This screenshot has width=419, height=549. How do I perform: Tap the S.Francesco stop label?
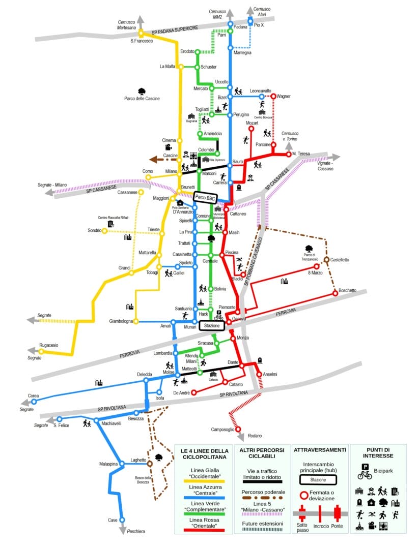click(142, 41)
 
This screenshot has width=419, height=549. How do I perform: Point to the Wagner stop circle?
click(273, 96)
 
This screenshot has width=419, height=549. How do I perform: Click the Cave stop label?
click(113, 520)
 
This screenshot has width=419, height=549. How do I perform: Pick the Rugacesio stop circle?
click(41, 351)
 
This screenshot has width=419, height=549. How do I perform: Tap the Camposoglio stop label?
click(222, 429)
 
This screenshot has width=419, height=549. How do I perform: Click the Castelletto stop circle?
click(326, 259)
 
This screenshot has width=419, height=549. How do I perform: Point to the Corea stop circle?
click(34, 402)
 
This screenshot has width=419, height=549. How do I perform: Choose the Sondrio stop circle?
click(104, 231)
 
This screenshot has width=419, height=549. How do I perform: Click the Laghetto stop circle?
click(150, 464)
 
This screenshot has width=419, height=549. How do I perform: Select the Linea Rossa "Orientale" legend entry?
click(203, 523)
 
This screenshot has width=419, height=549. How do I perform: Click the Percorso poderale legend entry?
click(262, 492)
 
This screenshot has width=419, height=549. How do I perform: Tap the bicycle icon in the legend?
click(365, 475)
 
